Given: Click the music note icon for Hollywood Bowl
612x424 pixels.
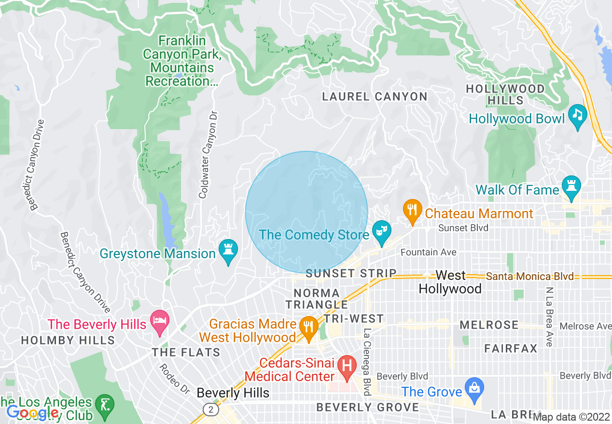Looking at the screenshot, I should point(577,115).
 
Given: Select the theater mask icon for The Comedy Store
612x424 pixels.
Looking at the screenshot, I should point(382,232).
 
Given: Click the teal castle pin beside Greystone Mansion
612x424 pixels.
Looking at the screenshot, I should point(228,250).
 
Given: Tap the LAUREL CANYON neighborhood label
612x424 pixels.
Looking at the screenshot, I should point(375,97).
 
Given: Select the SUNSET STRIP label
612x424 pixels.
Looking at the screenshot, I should point(351,274).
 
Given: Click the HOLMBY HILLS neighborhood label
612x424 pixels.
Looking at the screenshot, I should point(68,341).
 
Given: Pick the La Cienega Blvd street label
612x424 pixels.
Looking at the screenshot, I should point(367,363).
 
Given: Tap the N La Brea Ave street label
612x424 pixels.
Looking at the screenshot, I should point(549,317).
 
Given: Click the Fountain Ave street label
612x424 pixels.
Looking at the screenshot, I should point(428,252).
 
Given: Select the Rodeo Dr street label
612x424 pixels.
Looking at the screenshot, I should point(175,378).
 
